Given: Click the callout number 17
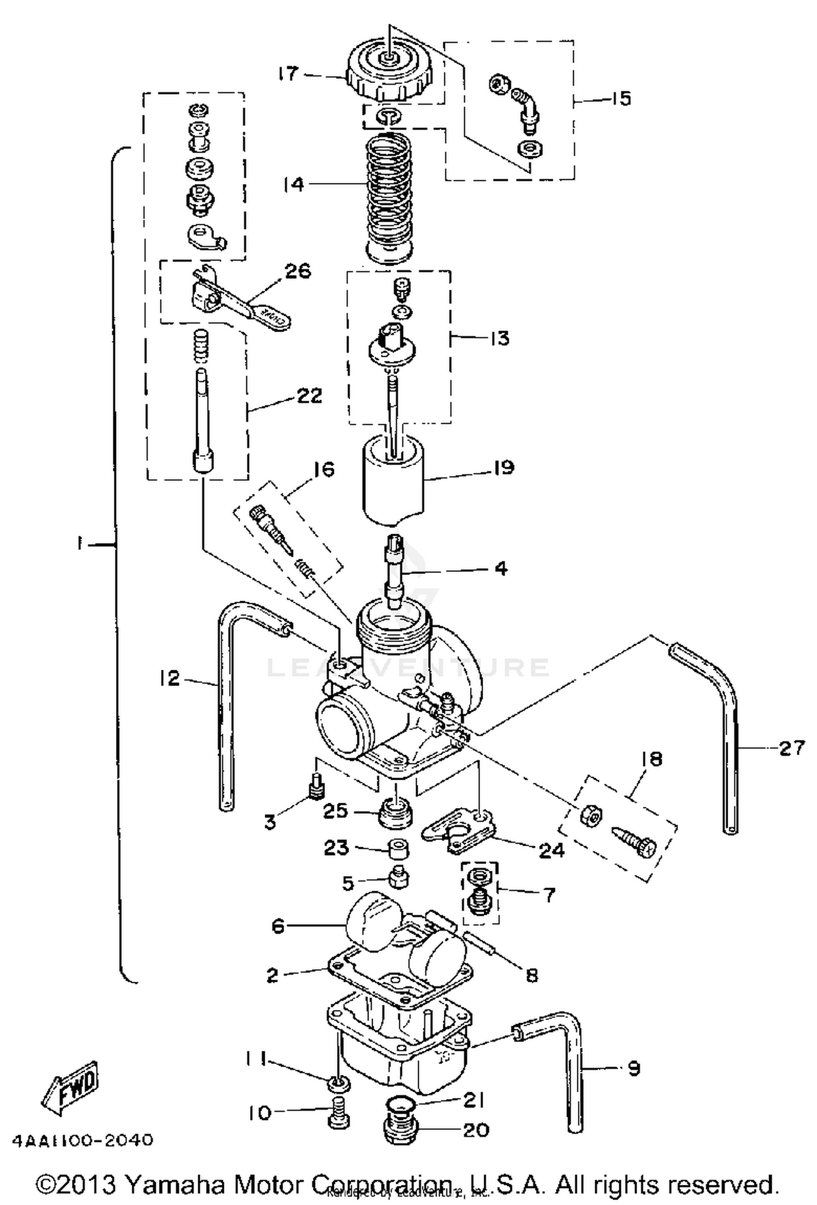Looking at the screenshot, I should [x=289, y=72].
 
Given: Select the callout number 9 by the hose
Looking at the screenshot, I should [x=633, y=1069].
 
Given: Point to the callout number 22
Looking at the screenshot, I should [x=309, y=395].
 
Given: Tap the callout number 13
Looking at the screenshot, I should [x=499, y=338].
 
